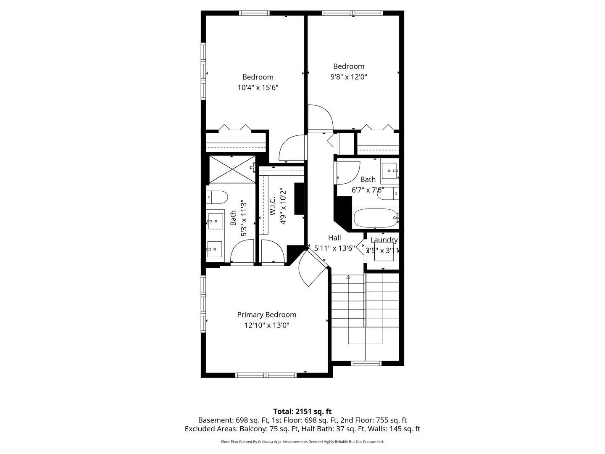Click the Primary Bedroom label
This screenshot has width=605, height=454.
coord(266,315)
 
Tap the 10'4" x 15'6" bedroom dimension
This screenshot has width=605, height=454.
coord(258,88)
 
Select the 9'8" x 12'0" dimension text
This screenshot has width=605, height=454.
coord(349,77)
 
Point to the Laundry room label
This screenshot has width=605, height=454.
coord(384,240)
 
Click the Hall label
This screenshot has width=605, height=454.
coord(334,238)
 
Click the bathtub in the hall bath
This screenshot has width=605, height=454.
coord(375,218)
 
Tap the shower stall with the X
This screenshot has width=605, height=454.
coord(232,169)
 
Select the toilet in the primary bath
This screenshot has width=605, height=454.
coord(217,196)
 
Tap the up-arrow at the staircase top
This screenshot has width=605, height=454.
coord(348,277)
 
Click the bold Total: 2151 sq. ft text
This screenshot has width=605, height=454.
coord(302,412)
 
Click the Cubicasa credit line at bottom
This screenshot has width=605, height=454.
coord(302,442)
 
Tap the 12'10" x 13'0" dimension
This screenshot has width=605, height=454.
coord(266,325)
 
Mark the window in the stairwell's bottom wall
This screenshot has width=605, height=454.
coord(366,363)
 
